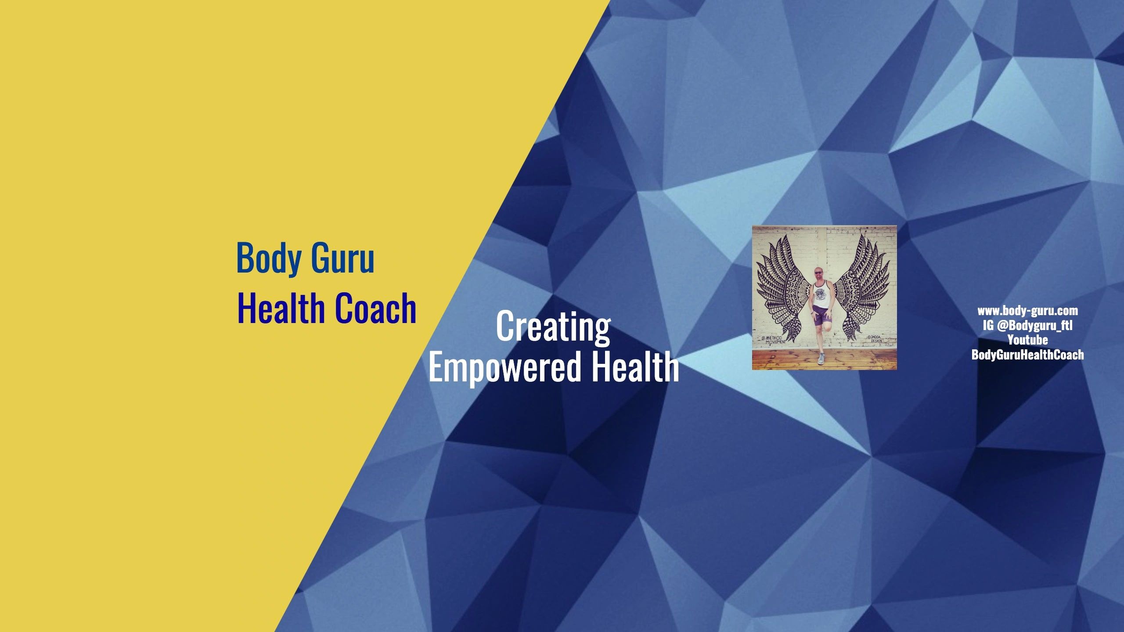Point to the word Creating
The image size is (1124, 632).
pyautogui.click(x=553, y=326)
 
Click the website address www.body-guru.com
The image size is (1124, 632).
pyautogui.click(x=1027, y=311)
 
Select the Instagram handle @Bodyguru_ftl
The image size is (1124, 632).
pyautogui.click(x=1034, y=325)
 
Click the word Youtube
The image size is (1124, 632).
pyautogui.click(x=1027, y=340)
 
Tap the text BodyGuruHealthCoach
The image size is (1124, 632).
pyautogui.click(x=1027, y=355)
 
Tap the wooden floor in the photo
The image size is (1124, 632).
pyautogui.click(x=782, y=361)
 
